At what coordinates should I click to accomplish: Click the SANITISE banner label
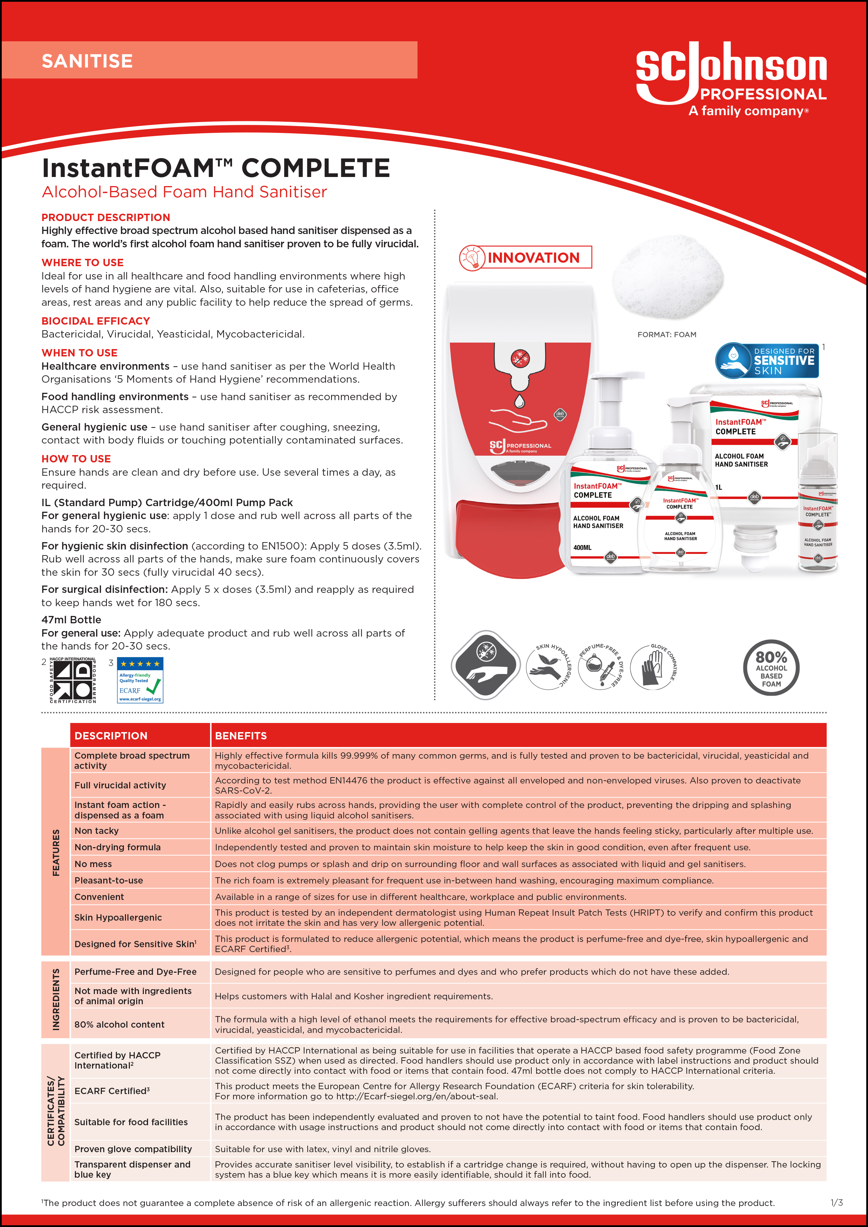(x=87, y=61)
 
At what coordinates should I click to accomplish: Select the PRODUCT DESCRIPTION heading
(x=106, y=218)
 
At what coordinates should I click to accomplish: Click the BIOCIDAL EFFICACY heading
(x=96, y=321)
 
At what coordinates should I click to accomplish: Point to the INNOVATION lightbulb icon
(x=472, y=257)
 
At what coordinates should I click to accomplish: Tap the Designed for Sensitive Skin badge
(x=767, y=361)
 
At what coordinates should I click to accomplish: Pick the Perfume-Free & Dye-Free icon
(x=600, y=667)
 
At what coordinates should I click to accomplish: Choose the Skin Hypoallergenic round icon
(x=548, y=667)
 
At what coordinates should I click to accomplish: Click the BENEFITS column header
(x=241, y=736)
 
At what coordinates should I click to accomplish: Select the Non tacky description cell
(x=97, y=831)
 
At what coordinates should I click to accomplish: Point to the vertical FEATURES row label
(x=56, y=852)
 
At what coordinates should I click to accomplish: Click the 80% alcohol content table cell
(x=119, y=1024)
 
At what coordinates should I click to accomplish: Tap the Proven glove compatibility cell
(x=133, y=1149)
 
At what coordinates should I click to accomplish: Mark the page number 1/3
(x=836, y=1203)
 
